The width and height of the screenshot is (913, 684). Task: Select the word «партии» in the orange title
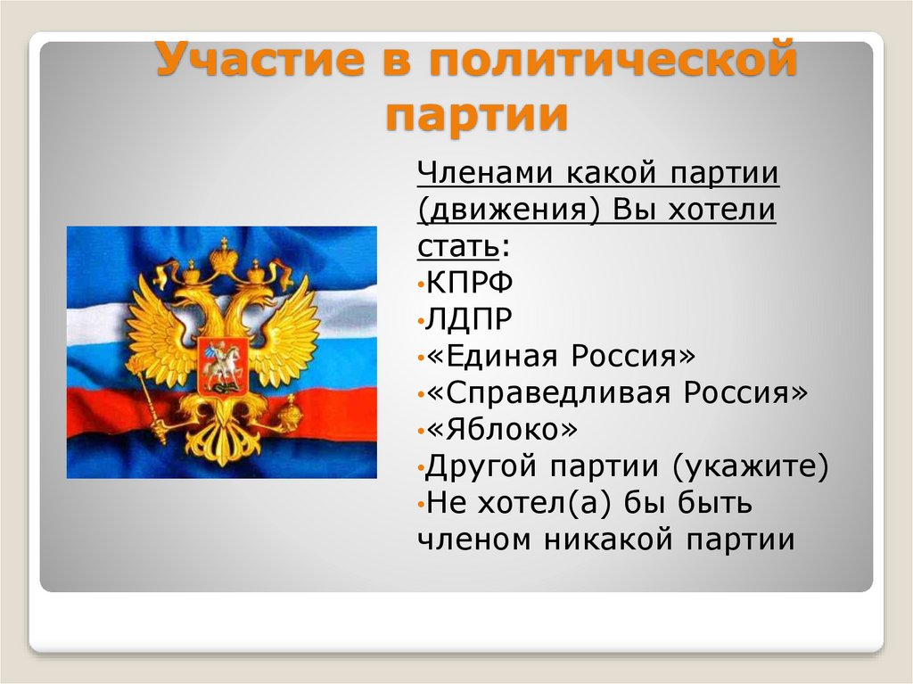[477, 115]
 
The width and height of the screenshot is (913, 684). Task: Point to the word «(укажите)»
[751, 466]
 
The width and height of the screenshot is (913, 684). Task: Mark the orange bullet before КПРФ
[420, 284]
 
